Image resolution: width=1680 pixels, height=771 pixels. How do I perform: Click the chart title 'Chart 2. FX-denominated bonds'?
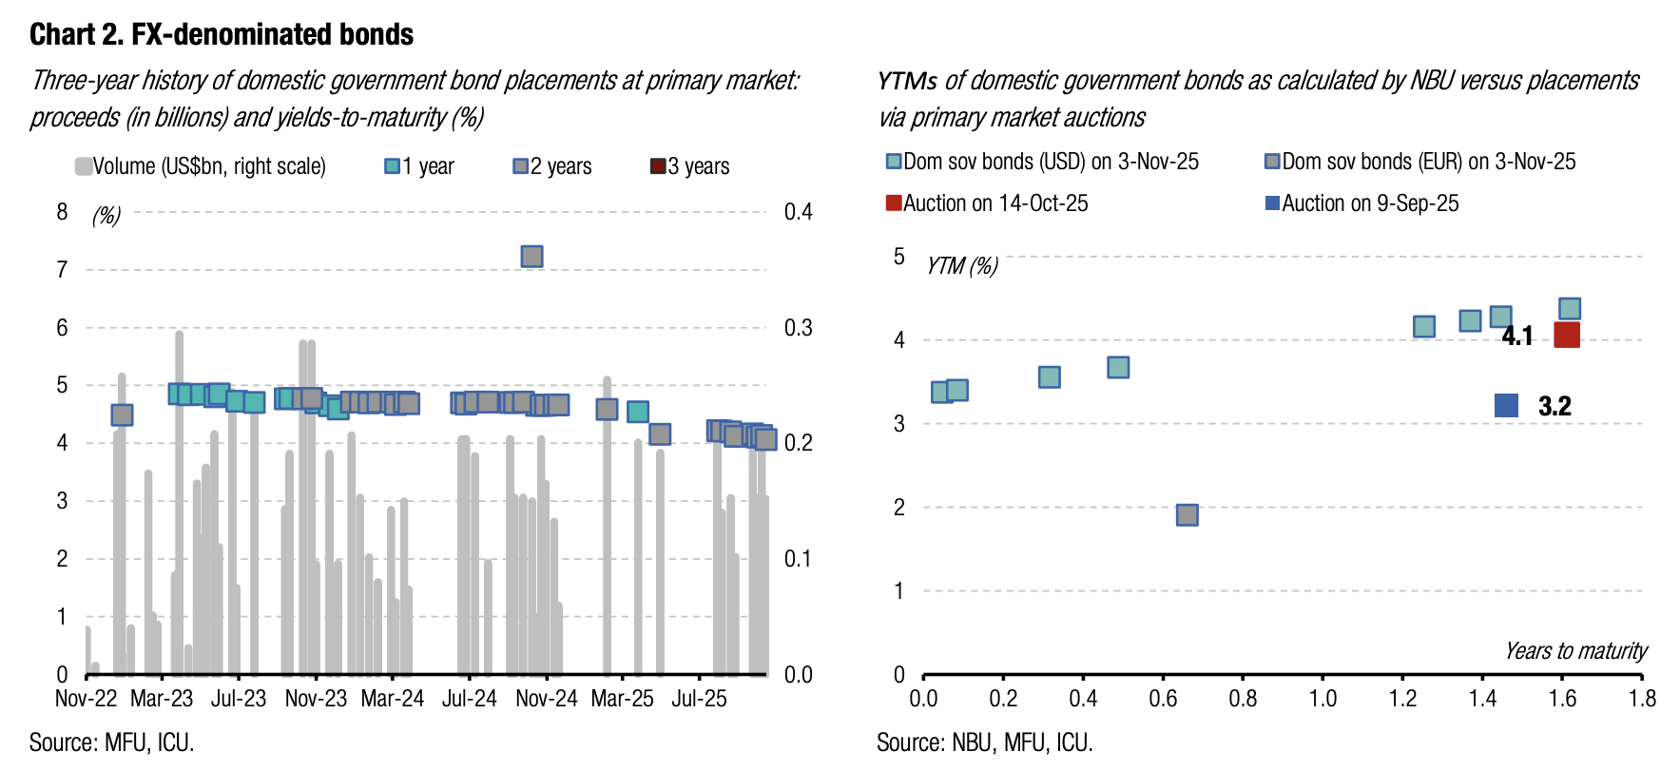pos(222,34)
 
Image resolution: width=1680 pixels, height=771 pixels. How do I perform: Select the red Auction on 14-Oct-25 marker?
pos(1566,335)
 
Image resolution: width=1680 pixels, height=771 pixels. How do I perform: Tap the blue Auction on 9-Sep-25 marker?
pos(1506,406)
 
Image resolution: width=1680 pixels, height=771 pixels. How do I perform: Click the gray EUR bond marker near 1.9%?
pos(1187,514)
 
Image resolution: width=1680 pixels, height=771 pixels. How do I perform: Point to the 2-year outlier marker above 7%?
pos(531,257)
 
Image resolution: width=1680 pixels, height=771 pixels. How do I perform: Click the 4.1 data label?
pos(1517,336)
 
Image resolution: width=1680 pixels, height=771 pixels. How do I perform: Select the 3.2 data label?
pos(1554,406)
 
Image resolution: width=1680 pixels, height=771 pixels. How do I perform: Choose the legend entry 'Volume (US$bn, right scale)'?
pos(201,166)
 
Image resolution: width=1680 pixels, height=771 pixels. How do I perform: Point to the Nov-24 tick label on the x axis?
pos(547,699)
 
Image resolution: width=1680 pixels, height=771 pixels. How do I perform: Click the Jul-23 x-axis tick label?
pos(239,699)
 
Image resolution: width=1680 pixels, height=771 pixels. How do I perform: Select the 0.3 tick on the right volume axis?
pos(798,328)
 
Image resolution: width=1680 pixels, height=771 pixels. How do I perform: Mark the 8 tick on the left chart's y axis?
pos(63,212)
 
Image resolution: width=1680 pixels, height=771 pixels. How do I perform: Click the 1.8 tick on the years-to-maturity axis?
pos(1642,699)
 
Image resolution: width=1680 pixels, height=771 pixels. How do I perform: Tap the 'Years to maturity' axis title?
pos(1575,651)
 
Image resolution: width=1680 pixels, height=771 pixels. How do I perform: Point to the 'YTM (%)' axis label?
pos(962,266)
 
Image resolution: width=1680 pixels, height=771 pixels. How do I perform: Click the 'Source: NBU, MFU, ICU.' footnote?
pos(984,742)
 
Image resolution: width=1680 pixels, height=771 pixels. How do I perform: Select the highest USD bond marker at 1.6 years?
pos(1570,308)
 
